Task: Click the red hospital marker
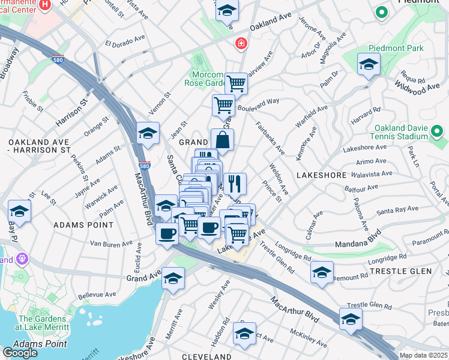pyautogui.click(x=241, y=44)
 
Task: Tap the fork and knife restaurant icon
pyautogui.click(x=235, y=183)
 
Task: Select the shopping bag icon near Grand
pyautogui.click(x=222, y=140)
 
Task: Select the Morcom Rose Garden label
pyautogui.click(x=208, y=79)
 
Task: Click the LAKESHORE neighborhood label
pyautogui.click(x=322, y=175)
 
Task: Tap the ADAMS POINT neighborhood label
pyautogui.click(x=83, y=225)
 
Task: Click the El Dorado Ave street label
pyautogui.click(x=125, y=43)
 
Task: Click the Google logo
pyautogui.click(x=20, y=352)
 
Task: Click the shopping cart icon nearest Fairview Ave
pyautogui.click(x=236, y=83)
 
